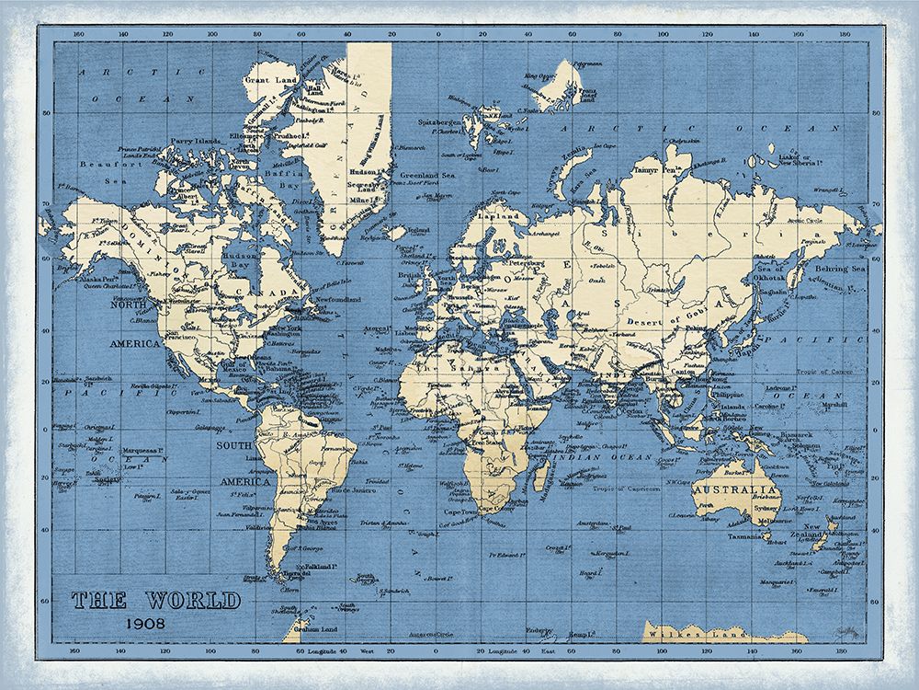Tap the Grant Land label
tap(269, 81)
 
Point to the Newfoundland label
tap(340, 300)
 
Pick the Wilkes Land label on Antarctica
tap(680, 634)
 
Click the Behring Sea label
tap(839, 269)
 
